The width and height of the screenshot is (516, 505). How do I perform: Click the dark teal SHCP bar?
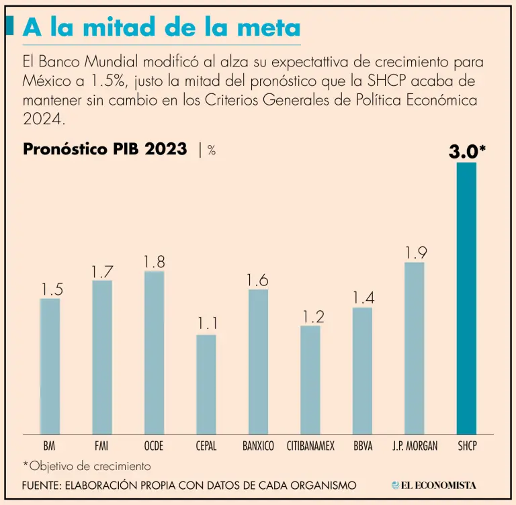(x=466, y=299)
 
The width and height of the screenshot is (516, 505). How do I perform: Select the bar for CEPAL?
(x=206, y=384)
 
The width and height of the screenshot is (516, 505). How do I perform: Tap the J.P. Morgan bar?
(x=415, y=348)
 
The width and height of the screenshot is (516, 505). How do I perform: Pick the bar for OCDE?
(x=154, y=353)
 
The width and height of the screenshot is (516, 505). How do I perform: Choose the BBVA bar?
(x=362, y=371)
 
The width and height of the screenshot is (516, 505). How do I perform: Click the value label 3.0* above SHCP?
(x=467, y=151)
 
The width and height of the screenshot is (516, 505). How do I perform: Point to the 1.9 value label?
(x=415, y=253)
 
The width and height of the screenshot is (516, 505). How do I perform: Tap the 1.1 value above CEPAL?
(x=207, y=324)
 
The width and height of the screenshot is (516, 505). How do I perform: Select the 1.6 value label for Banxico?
(x=259, y=280)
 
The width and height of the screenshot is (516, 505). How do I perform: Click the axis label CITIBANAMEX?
(x=310, y=446)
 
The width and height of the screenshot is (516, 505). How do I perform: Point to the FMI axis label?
(x=102, y=446)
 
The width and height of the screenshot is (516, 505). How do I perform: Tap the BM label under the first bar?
(x=49, y=446)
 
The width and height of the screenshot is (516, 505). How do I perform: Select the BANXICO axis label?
(x=258, y=446)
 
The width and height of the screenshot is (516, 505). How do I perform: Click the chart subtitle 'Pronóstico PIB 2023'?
(x=105, y=149)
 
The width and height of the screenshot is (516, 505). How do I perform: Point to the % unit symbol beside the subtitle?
(x=212, y=150)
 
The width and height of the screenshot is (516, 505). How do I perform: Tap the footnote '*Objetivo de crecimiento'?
(x=87, y=465)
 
